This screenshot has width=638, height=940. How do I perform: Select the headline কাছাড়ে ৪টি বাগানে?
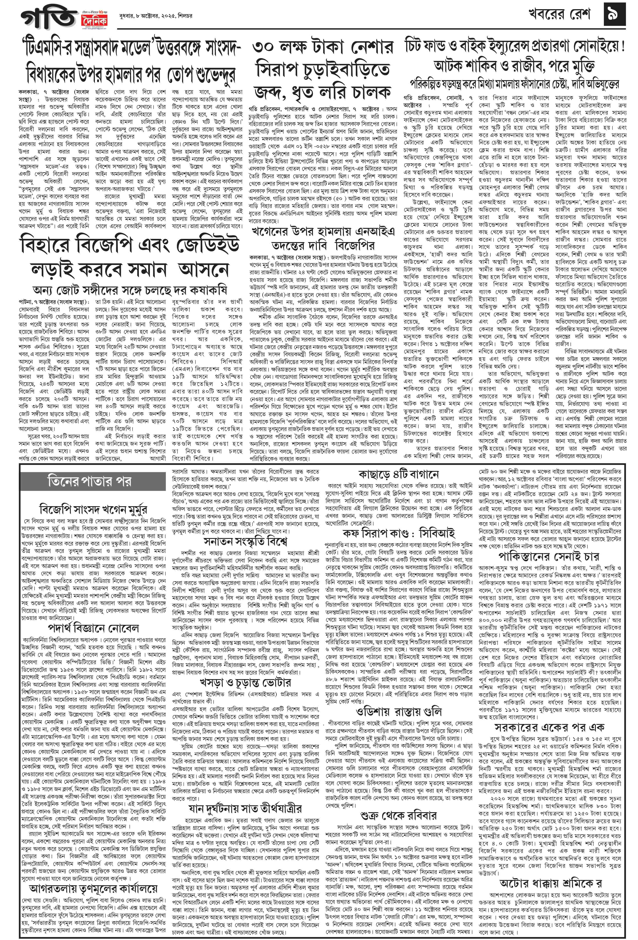point(399,474)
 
